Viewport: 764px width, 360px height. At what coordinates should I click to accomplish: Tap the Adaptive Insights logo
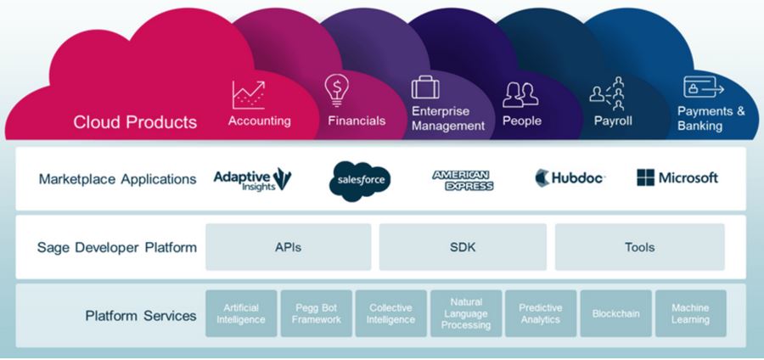click(x=252, y=178)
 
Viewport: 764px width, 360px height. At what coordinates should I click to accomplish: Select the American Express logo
click(x=463, y=179)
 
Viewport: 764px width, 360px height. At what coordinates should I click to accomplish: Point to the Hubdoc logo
click(x=570, y=178)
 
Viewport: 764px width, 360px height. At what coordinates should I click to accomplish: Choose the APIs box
click(x=288, y=247)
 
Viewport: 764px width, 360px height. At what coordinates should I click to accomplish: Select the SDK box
click(x=462, y=247)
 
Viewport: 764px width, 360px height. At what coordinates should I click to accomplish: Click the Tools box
click(x=639, y=247)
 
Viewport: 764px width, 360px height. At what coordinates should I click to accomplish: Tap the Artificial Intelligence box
click(x=241, y=313)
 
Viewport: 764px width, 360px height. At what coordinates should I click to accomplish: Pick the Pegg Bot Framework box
click(x=316, y=313)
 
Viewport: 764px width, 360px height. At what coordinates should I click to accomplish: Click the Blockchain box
click(x=615, y=313)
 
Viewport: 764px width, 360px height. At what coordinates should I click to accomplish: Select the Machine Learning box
click(x=690, y=313)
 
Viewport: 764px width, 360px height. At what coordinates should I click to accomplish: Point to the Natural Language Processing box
click(x=466, y=313)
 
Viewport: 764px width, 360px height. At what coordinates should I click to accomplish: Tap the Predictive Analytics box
click(x=541, y=313)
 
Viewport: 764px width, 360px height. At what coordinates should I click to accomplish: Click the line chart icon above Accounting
click(x=248, y=94)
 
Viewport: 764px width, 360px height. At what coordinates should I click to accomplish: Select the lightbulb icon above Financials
click(x=337, y=90)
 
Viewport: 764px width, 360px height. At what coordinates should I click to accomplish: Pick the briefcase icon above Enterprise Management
click(x=425, y=87)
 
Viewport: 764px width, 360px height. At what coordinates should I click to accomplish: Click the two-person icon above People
click(x=520, y=94)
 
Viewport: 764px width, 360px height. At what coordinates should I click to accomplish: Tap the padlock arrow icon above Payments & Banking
click(x=703, y=87)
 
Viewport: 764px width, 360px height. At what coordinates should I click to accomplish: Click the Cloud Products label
click(x=135, y=122)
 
